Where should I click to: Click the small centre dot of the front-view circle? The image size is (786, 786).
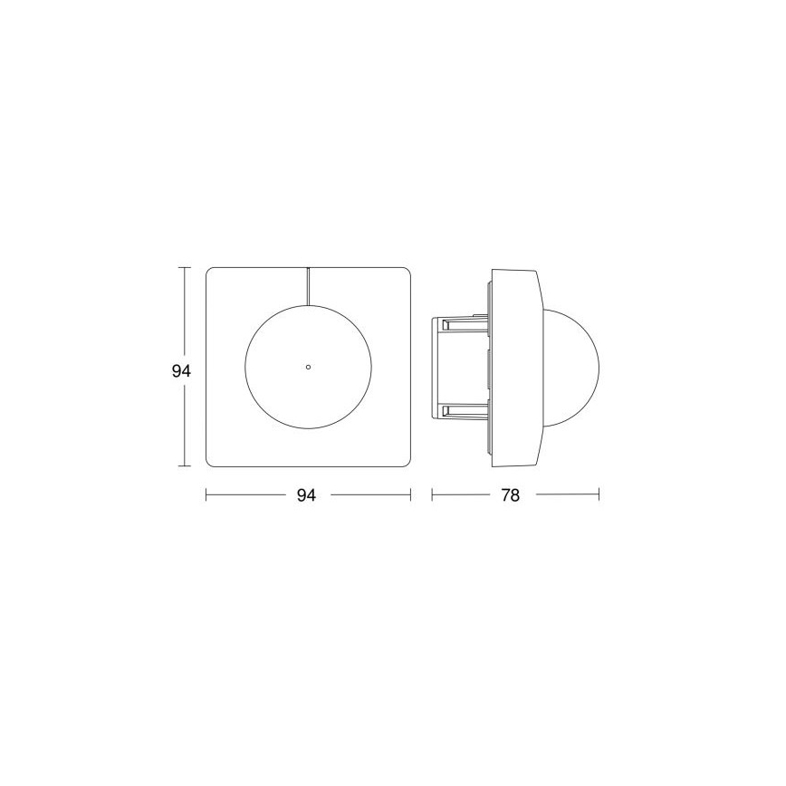308,367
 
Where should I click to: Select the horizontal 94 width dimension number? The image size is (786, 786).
307,495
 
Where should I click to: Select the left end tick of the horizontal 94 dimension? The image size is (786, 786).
207,494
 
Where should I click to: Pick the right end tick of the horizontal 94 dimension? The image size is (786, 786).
410,494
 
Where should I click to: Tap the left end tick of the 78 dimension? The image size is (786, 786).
432,494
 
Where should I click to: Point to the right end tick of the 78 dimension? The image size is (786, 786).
599,494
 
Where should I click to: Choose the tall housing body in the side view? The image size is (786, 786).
516,367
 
